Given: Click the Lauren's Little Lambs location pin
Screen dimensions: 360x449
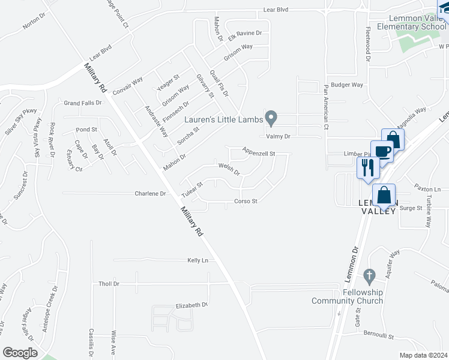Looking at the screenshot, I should point(271,118).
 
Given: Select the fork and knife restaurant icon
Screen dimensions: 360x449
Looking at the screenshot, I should point(367,167).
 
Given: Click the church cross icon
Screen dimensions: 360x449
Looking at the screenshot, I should point(369,276).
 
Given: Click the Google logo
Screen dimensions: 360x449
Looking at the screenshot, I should point(20,352).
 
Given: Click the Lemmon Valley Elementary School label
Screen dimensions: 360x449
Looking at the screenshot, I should point(411,22).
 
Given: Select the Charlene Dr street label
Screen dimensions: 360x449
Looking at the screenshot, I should point(150,194).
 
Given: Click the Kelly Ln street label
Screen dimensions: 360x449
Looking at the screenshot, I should point(197,260).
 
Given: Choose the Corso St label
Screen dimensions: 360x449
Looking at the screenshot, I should point(246,201).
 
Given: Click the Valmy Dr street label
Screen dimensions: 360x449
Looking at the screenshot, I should point(279,136).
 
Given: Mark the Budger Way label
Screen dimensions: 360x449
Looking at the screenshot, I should point(351,85).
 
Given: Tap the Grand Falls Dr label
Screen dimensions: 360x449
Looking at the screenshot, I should point(83,103).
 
